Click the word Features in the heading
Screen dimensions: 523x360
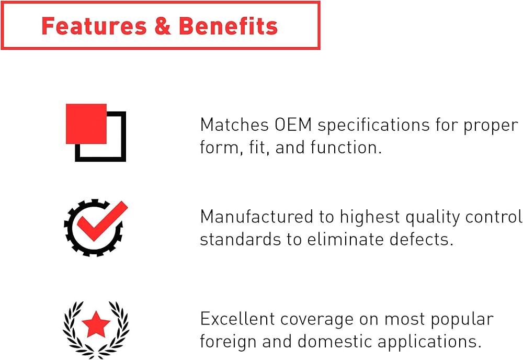point(94,26)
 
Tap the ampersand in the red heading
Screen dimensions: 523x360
point(163,26)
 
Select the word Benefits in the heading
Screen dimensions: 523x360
point(228,26)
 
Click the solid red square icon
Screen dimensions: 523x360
point(86,124)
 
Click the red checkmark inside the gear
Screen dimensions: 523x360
point(102,221)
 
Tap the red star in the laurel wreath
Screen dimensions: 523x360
point(96,324)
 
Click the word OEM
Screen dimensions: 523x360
point(293,125)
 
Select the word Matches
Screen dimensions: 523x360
point(234,125)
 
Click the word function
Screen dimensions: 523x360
point(346,147)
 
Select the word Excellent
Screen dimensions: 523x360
point(237,319)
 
